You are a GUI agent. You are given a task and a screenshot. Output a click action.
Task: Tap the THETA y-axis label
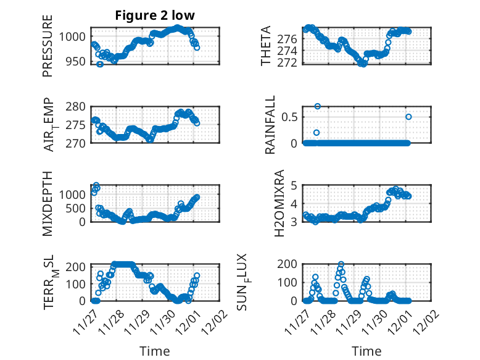click(x=266, y=46)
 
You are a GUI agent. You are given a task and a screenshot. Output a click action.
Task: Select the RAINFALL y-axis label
click(x=270, y=125)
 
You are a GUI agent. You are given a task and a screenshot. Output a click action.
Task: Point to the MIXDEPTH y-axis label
click(x=48, y=203)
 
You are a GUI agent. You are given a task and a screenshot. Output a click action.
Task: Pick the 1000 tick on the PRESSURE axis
click(x=76, y=36)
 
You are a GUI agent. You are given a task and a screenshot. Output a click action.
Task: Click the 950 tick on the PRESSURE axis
click(x=78, y=62)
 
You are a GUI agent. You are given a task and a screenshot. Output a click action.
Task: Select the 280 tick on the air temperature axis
click(x=78, y=106)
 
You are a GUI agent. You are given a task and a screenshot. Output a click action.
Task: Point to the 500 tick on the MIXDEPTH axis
click(x=78, y=208)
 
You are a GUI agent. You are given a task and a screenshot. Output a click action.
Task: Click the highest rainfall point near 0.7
click(x=318, y=106)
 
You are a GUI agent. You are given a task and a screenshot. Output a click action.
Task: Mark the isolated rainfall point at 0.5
click(x=408, y=117)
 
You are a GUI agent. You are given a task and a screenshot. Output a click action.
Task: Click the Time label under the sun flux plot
click(x=366, y=351)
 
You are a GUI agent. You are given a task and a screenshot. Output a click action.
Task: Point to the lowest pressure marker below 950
click(x=100, y=64)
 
